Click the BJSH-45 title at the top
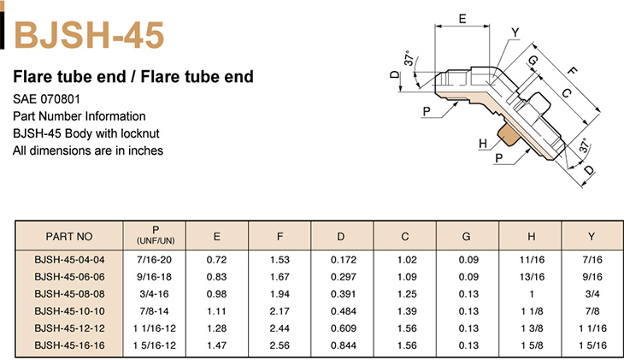(x=89, y=35)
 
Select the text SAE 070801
(x=46, y=99)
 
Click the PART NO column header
(x=69, y=237)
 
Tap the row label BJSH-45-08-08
(x=69, y=294)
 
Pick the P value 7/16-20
(x=155, y=260)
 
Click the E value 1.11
(x=217, y=311)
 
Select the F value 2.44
(x=280, y=328)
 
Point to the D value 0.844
(x=344, y=345)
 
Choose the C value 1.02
(x=407, y=260)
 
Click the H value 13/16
(x=532, y=277)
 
